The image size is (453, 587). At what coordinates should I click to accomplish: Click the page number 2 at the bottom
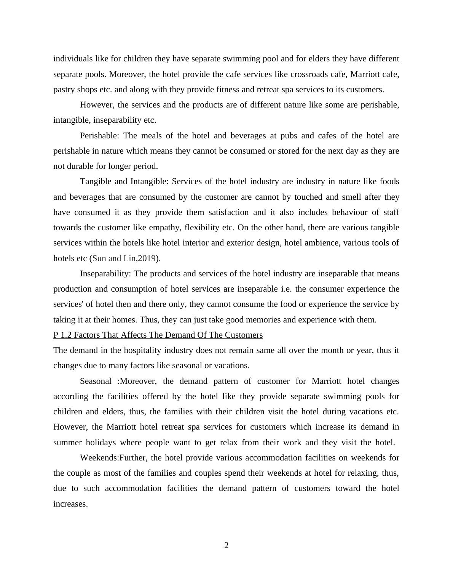226,545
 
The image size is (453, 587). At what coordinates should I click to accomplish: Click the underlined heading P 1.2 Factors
158,335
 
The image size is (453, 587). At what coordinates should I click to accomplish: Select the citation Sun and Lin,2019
124,258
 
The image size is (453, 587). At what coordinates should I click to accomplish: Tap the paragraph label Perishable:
100,136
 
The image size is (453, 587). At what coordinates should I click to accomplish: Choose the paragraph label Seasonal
96,381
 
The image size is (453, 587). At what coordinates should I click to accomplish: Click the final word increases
70,504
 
